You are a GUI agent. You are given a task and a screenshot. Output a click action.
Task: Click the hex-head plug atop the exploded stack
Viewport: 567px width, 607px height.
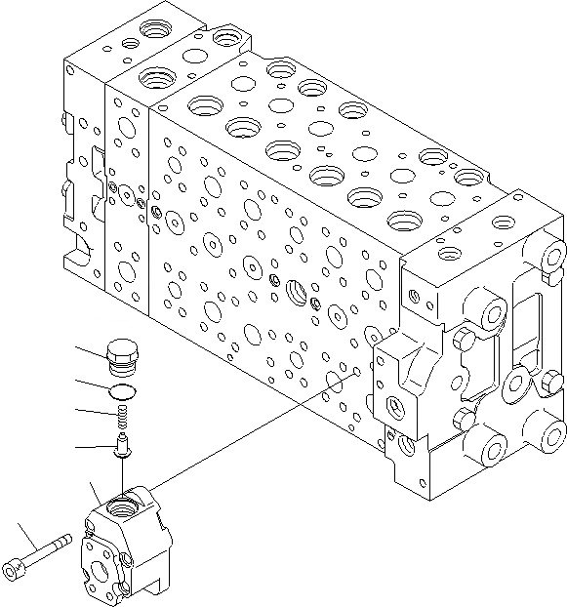coord(122,356)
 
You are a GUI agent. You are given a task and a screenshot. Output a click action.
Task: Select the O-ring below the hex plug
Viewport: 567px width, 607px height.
coord(122,391)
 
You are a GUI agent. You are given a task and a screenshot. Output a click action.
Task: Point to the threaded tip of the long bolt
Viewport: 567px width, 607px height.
coord(65,539)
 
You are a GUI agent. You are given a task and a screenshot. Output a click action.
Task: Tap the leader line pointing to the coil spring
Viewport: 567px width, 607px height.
coord(94,413)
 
